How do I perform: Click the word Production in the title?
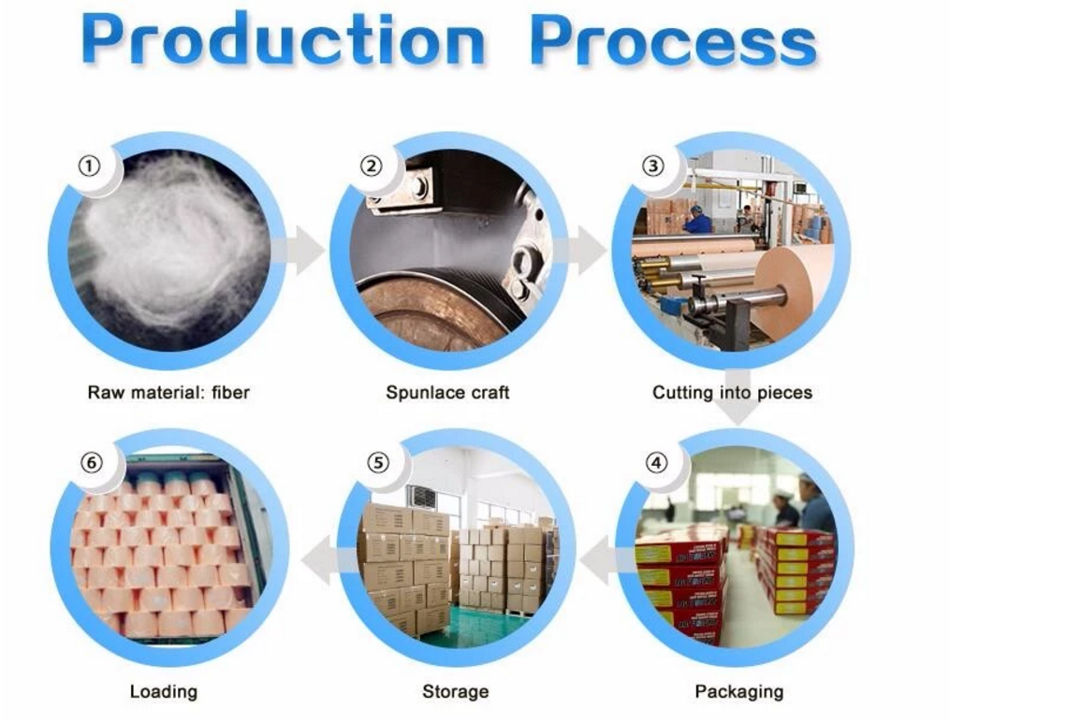[283, 39]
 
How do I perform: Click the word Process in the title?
[673, 40]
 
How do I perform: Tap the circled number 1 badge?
[89, 166]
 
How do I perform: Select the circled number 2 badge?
[372, 166]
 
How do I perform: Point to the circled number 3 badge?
[653, 166]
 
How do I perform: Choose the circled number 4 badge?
[655, 463]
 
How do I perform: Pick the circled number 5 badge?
[378, 463]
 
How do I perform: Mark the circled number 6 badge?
[92, 463]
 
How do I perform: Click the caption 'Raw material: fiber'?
[168, 393]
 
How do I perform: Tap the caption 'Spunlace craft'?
[447, 393]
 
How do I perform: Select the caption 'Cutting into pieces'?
[732, 393]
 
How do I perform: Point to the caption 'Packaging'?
[739, 691]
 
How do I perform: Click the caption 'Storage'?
[455, 691]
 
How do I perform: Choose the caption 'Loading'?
[163, 691]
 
